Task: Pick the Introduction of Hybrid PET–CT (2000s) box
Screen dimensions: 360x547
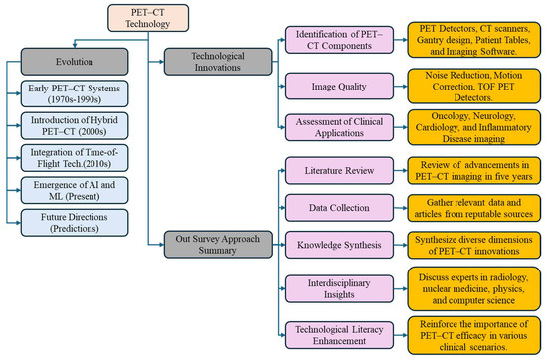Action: coord(76,130)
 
